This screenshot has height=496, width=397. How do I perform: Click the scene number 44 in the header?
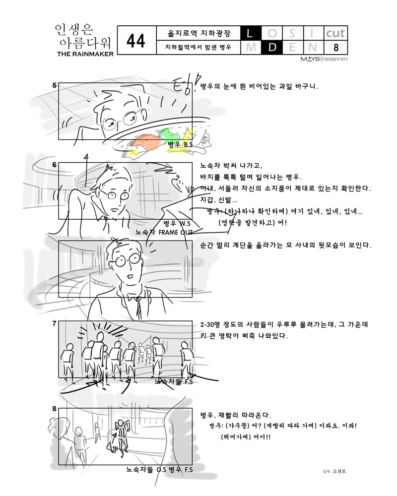coord(136,41)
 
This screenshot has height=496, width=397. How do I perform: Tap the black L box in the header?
coord(251,33)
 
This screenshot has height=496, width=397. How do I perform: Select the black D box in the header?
coord(271,48)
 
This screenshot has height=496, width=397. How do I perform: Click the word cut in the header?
coord(335,33)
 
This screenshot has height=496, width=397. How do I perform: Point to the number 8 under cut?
coord(336,48)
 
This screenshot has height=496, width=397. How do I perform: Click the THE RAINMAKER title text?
coord(85,54)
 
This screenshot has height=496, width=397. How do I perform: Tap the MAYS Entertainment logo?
coord(324,59)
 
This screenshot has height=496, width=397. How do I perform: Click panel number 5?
coord(55,85)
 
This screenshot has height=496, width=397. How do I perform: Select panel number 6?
coord(55,165)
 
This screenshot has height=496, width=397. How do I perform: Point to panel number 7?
coord(55,323)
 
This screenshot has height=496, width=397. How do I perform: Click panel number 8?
coord(55,409)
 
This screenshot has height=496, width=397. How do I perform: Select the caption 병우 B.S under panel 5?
coord(180,144)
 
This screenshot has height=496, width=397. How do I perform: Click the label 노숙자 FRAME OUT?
coord(164,232)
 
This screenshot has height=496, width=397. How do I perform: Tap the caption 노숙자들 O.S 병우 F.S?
coord(160,469)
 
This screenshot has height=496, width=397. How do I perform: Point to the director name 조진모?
coord(339,471)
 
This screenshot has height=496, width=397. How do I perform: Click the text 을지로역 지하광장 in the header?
coord(199,33)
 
